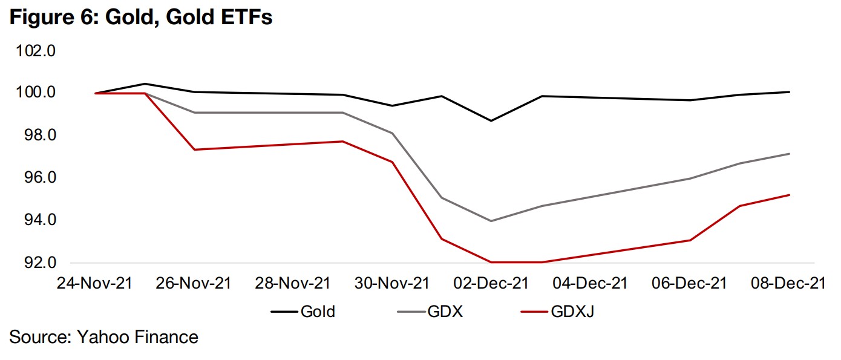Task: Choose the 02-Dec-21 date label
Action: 491,283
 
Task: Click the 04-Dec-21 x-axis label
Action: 591,283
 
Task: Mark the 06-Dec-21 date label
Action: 689,283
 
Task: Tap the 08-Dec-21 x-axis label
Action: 788,283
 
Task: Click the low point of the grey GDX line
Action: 491,221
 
